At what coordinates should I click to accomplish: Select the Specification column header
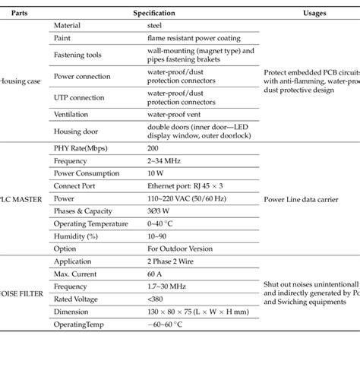click(x=154, y=13)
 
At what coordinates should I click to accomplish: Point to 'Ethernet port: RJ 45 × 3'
click(x=185, y=185)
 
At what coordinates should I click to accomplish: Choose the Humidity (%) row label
click(x=77, y=236)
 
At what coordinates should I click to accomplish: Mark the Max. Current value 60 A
click(x=156, y=273)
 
